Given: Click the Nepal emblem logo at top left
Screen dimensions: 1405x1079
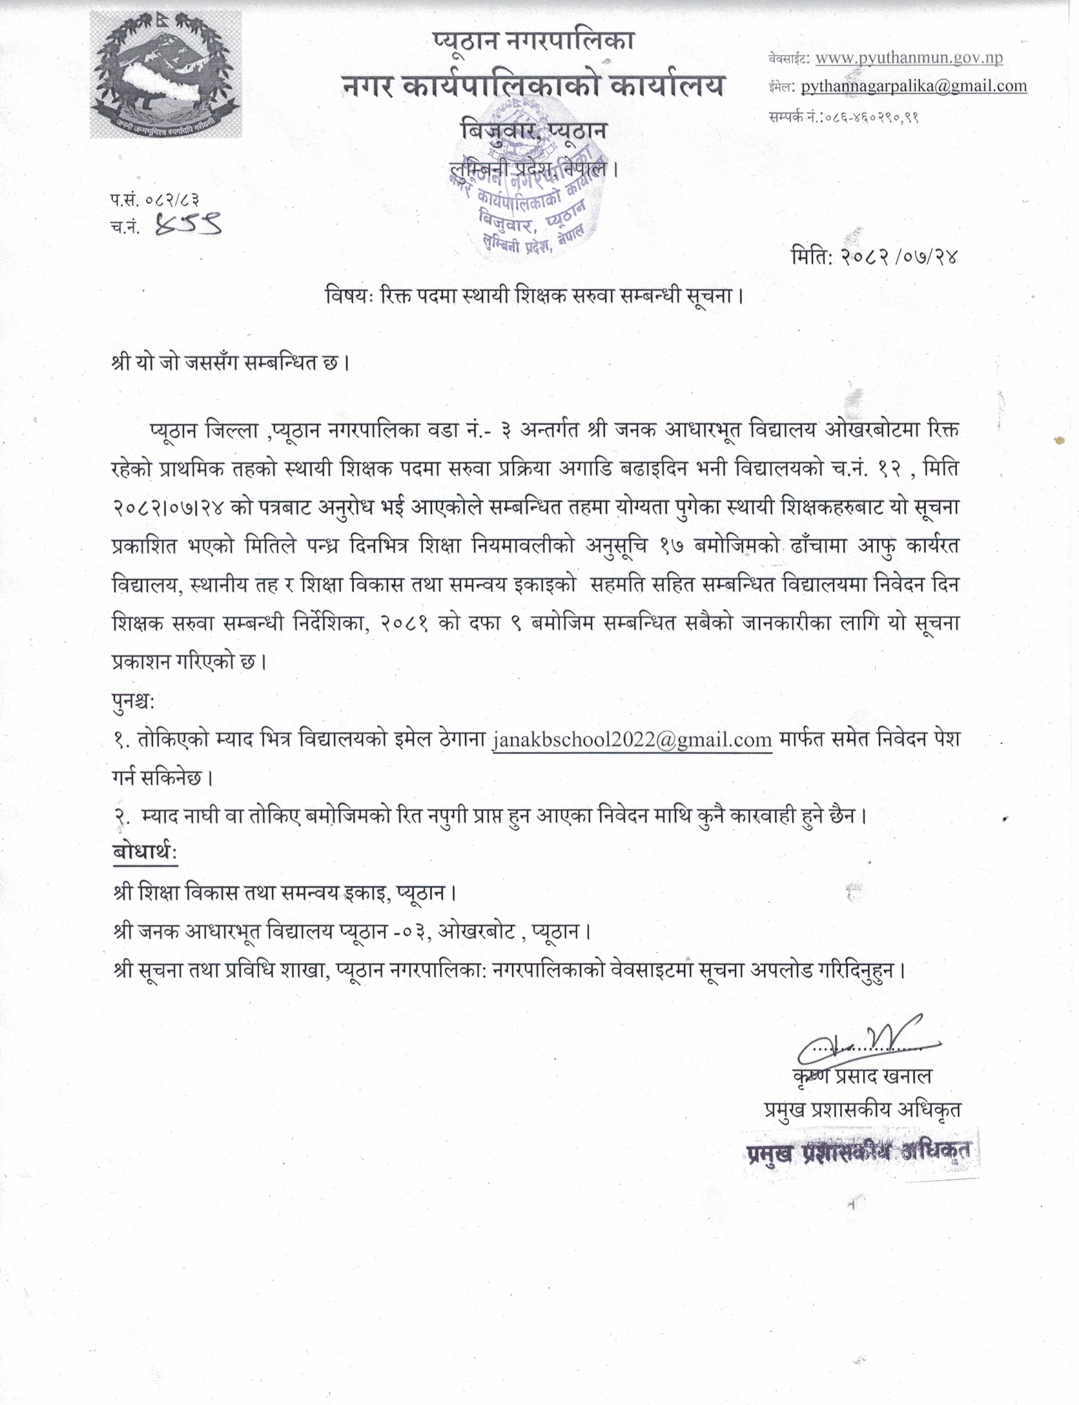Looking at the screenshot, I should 166,75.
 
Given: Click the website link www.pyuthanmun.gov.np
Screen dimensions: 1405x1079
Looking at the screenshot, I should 909,58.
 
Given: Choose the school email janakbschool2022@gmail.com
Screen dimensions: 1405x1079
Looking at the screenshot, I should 632,739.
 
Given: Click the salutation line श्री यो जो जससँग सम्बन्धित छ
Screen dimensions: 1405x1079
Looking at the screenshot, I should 230,363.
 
